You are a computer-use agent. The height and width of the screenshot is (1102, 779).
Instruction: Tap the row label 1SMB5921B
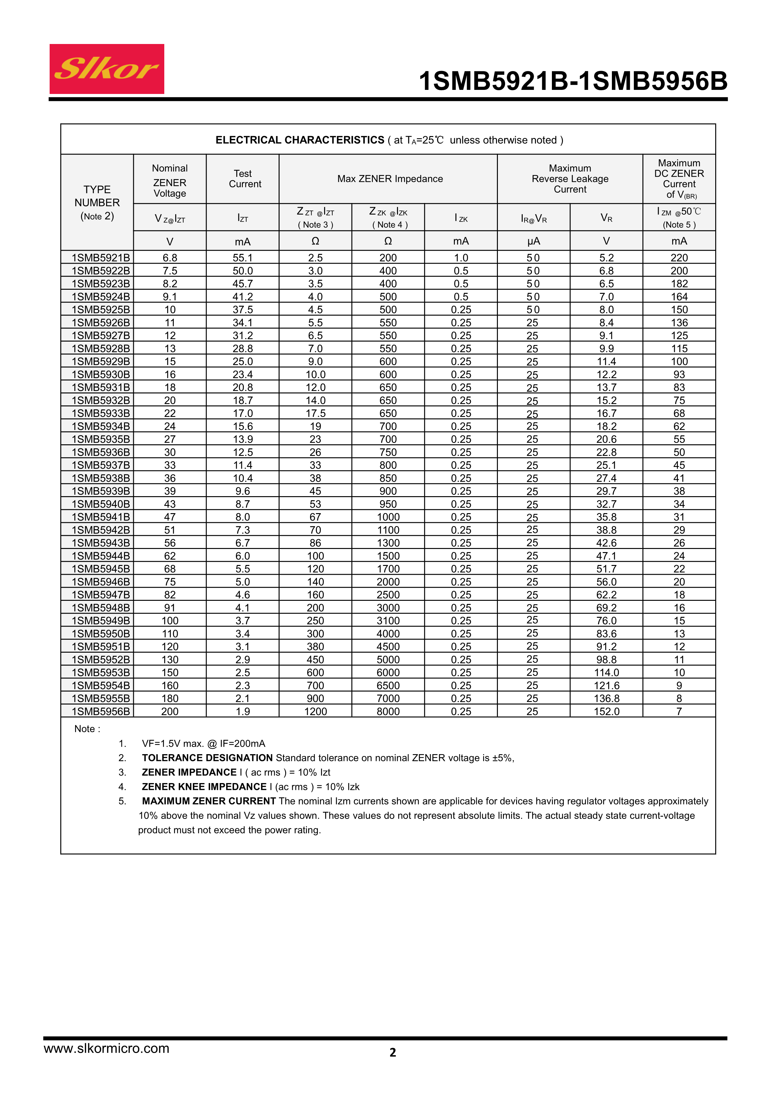pos(101,258)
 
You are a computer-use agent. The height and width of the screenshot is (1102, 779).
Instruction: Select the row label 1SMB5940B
pos(101,504)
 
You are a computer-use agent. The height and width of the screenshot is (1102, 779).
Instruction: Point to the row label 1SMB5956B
pos(101,711)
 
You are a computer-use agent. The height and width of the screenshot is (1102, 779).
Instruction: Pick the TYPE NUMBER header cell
pos(97,202)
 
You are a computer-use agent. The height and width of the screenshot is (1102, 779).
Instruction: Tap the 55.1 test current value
pos(243,258)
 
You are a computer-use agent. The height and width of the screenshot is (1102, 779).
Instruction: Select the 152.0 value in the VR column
pos(606,711)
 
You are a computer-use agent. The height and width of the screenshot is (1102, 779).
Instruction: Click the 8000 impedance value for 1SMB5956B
pos(388,711)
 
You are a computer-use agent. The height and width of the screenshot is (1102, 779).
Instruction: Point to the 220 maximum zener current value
pos(679,258)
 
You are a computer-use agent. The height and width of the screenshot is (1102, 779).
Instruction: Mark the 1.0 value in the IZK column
pos(461,258)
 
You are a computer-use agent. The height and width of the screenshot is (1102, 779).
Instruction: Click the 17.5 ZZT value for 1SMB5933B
pos(315,413)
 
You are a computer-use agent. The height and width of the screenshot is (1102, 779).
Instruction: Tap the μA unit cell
pos(533,241)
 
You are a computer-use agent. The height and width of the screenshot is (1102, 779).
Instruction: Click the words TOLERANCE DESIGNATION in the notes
pos(207,758)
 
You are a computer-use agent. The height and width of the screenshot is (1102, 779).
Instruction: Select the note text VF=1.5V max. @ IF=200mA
pos(203,743)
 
